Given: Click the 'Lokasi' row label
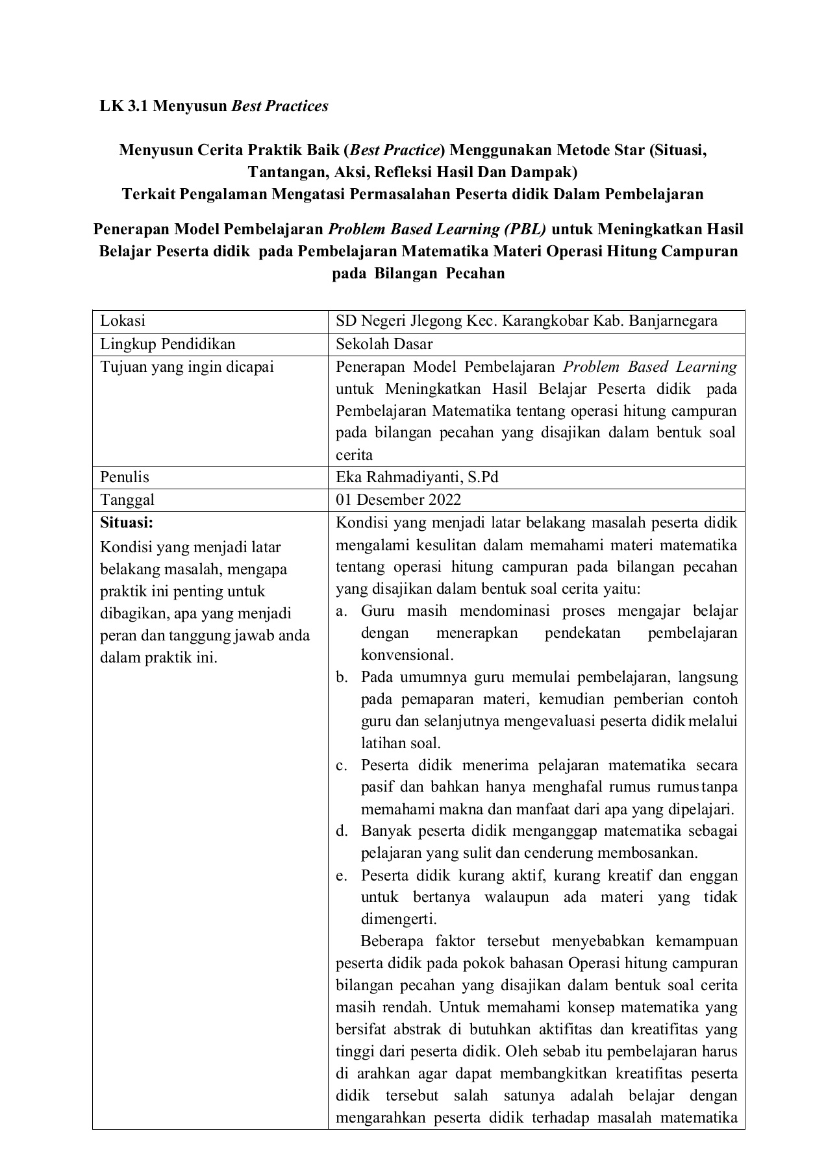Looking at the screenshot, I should pyautogui.click(x=123, y=321).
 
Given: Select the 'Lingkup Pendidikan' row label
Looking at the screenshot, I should pyautogui.click(x=168, y=344).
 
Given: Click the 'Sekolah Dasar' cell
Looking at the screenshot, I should pyautogui.click(x=384, y=344).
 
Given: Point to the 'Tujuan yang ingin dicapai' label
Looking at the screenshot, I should pyautogui.click(x=187, y=367).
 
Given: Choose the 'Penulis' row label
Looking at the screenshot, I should pyautogui.click(x=125, y=478).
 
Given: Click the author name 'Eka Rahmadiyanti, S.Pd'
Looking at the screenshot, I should pyautogui.click(x=417, y=478).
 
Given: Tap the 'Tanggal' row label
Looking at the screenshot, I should pyautogui.click(x=127, y=500).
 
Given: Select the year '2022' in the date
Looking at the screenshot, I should pyautogui.click(x=445, y=500).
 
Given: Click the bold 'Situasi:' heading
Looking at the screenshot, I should pyautogui.click(x=127, y=522).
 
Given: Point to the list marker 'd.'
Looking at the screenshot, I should pyautogui.click(x=342, y=831).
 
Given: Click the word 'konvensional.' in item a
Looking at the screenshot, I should pyautogui.click(x=407, y=655).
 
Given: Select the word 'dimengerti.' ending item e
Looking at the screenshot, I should pyautogui.click(x=399, y=919).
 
